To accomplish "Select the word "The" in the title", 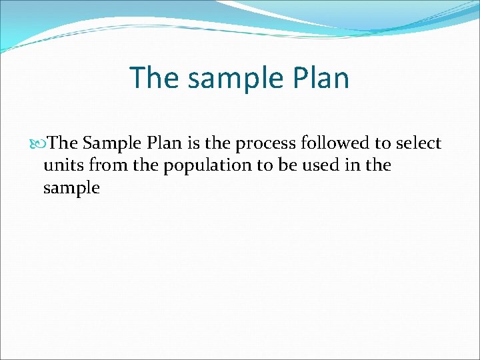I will tap(154, 78).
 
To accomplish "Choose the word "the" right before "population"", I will tap(145, 166).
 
